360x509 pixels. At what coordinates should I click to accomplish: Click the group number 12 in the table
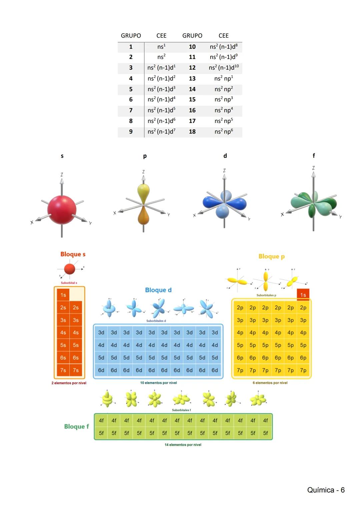pos(192,68)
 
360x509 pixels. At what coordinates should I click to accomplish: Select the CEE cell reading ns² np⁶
pos(224,132)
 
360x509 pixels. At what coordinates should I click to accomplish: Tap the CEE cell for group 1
pos(161,47)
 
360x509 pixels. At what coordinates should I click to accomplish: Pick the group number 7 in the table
pos(131,110)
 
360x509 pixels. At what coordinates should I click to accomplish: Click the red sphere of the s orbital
pos(62,210)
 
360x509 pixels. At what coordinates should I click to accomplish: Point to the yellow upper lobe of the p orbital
pos(143,193)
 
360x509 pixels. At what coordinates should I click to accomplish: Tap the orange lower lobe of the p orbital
pos(143,216)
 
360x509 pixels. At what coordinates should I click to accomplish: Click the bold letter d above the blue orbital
pos(225,156)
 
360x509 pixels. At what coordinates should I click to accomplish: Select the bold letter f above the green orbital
pos(313,156)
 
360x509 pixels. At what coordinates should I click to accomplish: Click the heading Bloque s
pos(73,254)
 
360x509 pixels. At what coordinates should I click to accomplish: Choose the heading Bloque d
pos(158,290)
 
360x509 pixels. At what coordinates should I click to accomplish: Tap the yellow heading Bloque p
pos(271,256)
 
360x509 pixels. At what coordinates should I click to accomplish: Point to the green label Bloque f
pos(76,427)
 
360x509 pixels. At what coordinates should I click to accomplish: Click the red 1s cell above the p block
pos(303,295)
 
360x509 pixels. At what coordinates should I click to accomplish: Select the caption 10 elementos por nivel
pos(158,383)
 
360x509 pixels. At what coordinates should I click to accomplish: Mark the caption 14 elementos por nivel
pos(183,445)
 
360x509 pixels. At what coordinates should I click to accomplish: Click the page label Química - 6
pos(326,490)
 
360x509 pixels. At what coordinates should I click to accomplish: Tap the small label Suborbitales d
pos(156,321)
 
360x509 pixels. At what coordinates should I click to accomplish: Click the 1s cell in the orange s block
pos(63,295)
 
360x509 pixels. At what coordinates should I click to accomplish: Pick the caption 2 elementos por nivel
pos(69,383)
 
